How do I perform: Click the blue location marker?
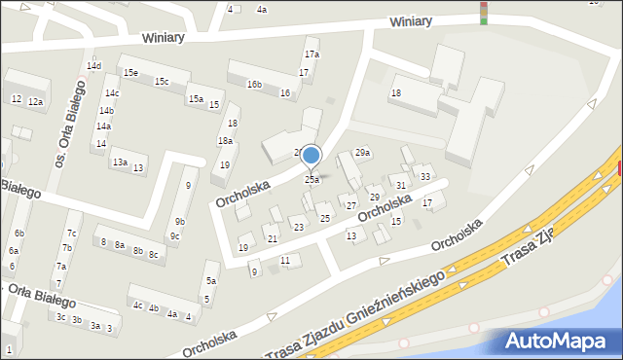pos(311,155)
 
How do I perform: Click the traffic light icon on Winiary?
pos(484,12)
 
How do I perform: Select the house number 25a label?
pos(311,180)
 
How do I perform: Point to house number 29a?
pos(362,153)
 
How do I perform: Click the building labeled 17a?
pos(311,54)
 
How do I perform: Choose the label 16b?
pos(254,85)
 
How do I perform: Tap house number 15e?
pos(130,73)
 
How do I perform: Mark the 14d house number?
pos(93,66)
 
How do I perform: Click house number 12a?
pos(35,101)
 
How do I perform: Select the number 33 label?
pos(425,176)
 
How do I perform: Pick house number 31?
pos(400,185)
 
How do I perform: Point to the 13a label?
pos(119,162)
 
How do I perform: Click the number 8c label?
pos(153,254)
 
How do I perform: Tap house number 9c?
pos(174,236)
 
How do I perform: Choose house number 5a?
pos(210,281)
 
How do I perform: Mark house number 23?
pos(298,227)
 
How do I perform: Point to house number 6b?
pos(18,234)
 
